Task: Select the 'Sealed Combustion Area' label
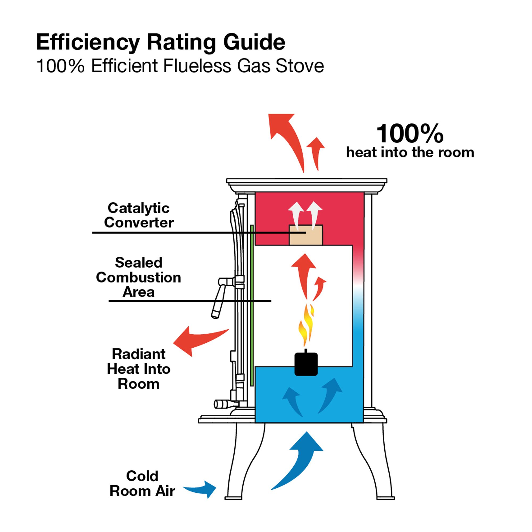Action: [139, 277]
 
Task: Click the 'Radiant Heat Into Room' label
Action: [139, 369]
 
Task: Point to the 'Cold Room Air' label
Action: [142, 484]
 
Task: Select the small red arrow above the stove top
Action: [317, 151]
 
